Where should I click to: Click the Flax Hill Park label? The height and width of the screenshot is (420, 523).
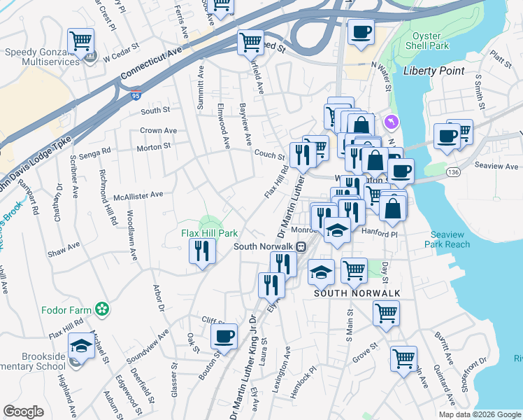210,233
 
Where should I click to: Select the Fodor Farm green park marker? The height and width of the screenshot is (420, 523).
103,308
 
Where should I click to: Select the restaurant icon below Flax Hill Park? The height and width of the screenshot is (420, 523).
201,250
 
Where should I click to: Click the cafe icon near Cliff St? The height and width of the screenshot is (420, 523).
224,336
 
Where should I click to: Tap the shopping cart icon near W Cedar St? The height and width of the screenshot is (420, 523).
81,40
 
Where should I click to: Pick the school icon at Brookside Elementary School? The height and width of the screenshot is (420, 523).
81,346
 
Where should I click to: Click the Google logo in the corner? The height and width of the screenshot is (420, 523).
23,412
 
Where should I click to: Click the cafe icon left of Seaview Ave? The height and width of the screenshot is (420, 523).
446,136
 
